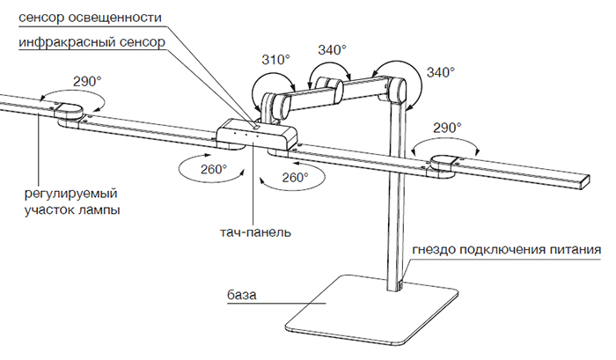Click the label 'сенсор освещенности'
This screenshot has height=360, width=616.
[83, 16]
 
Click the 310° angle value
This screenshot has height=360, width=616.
[275, 60]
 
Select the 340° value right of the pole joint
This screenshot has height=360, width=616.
[440, 71]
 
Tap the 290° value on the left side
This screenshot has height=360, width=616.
[87, 80]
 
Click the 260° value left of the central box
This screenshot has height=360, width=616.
[212, 167]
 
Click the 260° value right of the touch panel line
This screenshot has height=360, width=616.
[295, 177]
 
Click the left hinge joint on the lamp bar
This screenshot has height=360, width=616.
[69, 111]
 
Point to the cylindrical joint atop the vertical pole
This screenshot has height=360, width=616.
[392, 89]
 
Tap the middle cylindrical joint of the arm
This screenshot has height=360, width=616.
[326, 86]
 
